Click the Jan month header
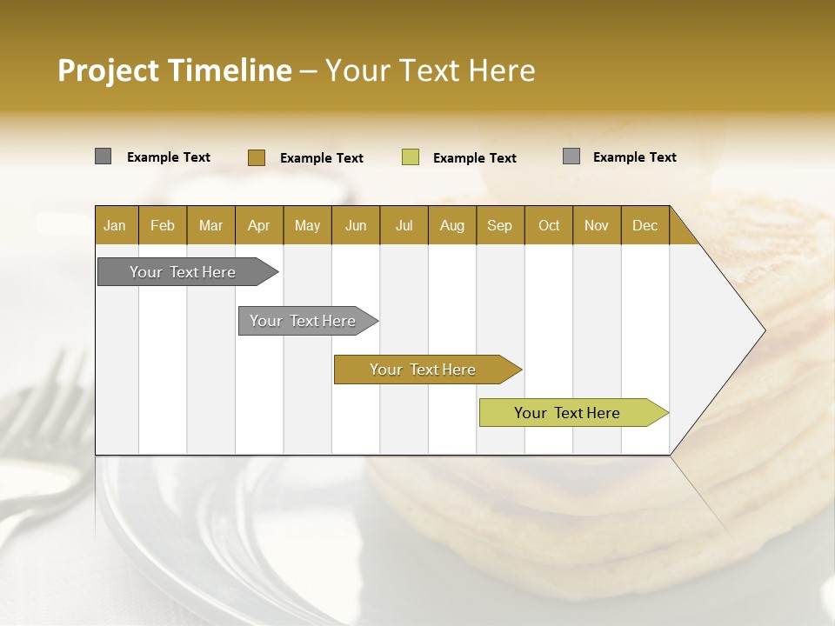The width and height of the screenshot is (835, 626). tap(116, 225)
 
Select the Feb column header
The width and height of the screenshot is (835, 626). tap(163, 225)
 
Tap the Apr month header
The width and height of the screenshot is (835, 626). tap(258, 225)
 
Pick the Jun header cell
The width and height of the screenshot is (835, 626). tap(356, 225)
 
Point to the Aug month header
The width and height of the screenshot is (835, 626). tap(451, 225)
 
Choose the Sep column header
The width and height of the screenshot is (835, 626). tap(500, 225)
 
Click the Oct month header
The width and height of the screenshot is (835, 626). tap(549, 225)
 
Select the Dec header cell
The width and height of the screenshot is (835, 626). tap(645, 225)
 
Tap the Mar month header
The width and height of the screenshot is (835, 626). tap(210, 225)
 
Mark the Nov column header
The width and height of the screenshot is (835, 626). tap(597, 225)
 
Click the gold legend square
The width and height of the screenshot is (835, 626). tap(257, 157)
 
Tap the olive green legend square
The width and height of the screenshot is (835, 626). tap(411, 157)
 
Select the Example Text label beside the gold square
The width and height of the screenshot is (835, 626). tap(322, 158)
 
